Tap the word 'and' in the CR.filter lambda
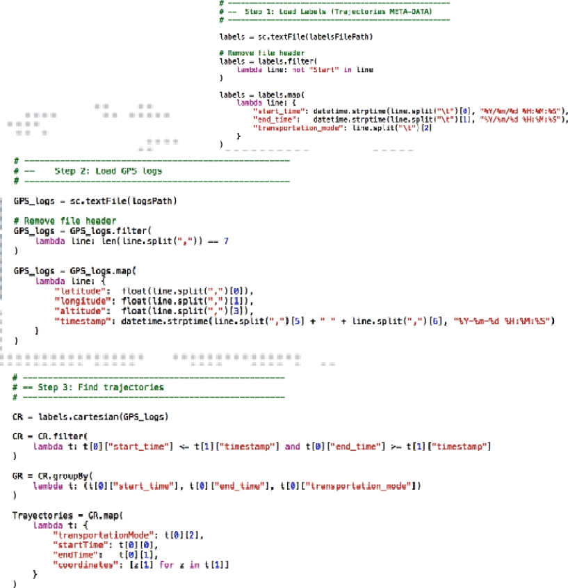click(293, 446)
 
